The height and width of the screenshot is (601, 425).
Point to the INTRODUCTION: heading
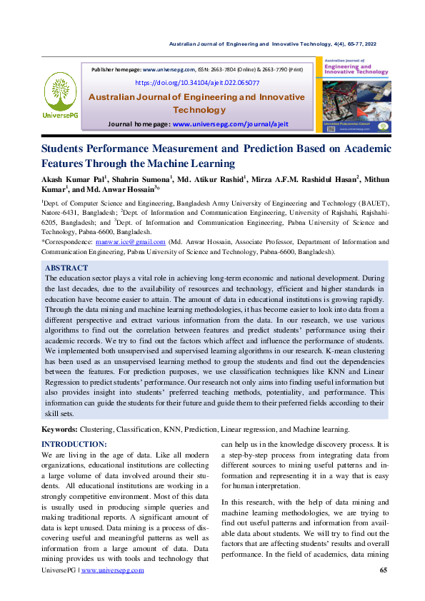(74, 444)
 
